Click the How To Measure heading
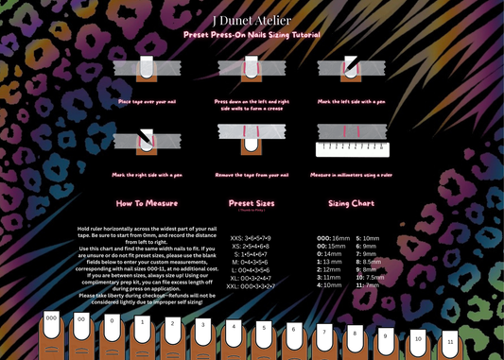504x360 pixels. [x=143, y=202]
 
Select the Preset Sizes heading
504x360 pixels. [x=252, y=202]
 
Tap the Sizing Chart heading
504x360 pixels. [x=351, y=202]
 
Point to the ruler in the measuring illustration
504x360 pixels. [x=351, y=148]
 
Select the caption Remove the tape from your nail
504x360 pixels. [x=252, y=174]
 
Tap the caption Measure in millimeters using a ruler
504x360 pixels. [x=351, y=174]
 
